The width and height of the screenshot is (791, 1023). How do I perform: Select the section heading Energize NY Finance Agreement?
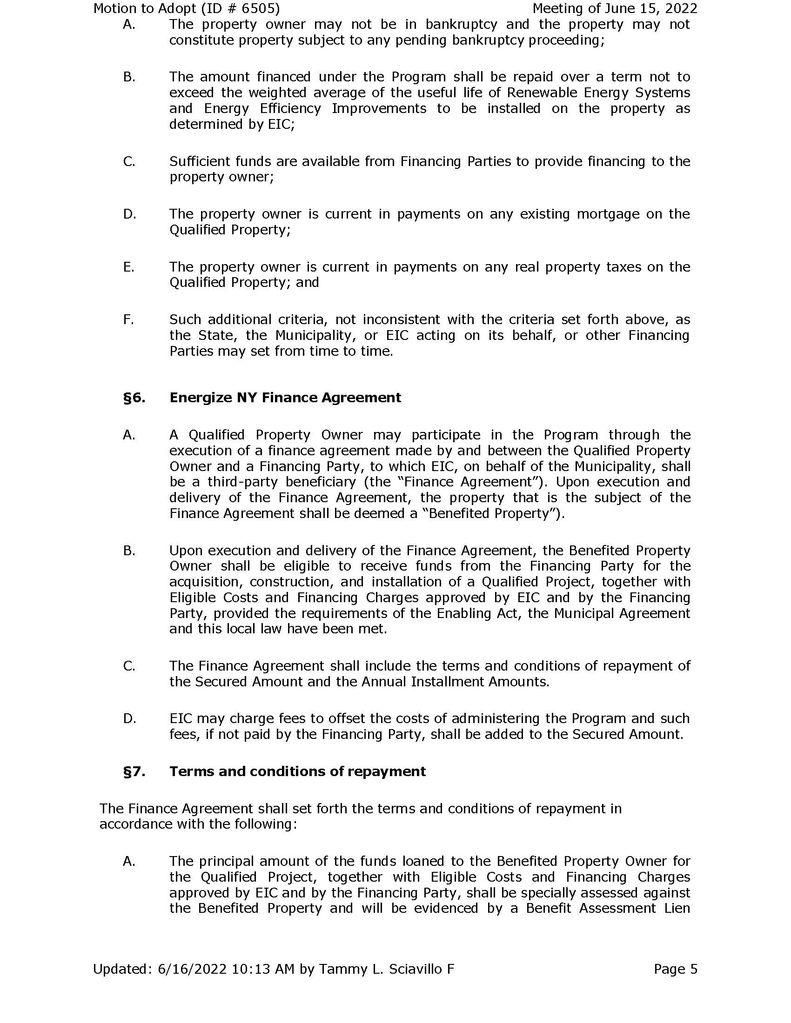(x=285, y=398)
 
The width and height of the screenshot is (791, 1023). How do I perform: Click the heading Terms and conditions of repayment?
(x=298, y=771)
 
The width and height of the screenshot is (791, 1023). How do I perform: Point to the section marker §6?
(x=134, y=398)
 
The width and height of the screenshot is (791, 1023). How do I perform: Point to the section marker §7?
(x=134, y=771)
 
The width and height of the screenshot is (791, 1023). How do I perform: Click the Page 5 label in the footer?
(x=675, y=969)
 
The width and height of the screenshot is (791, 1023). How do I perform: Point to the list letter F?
(x=128, y=320)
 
